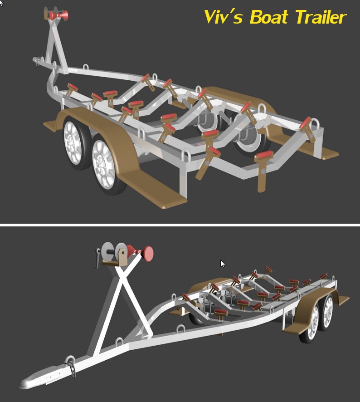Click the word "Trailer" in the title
[320, 17]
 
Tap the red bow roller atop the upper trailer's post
[59, 15]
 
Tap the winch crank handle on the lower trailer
[97, 258]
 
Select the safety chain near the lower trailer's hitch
[72, 366]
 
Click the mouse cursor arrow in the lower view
[222, 263]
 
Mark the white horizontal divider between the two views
[180, 224]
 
